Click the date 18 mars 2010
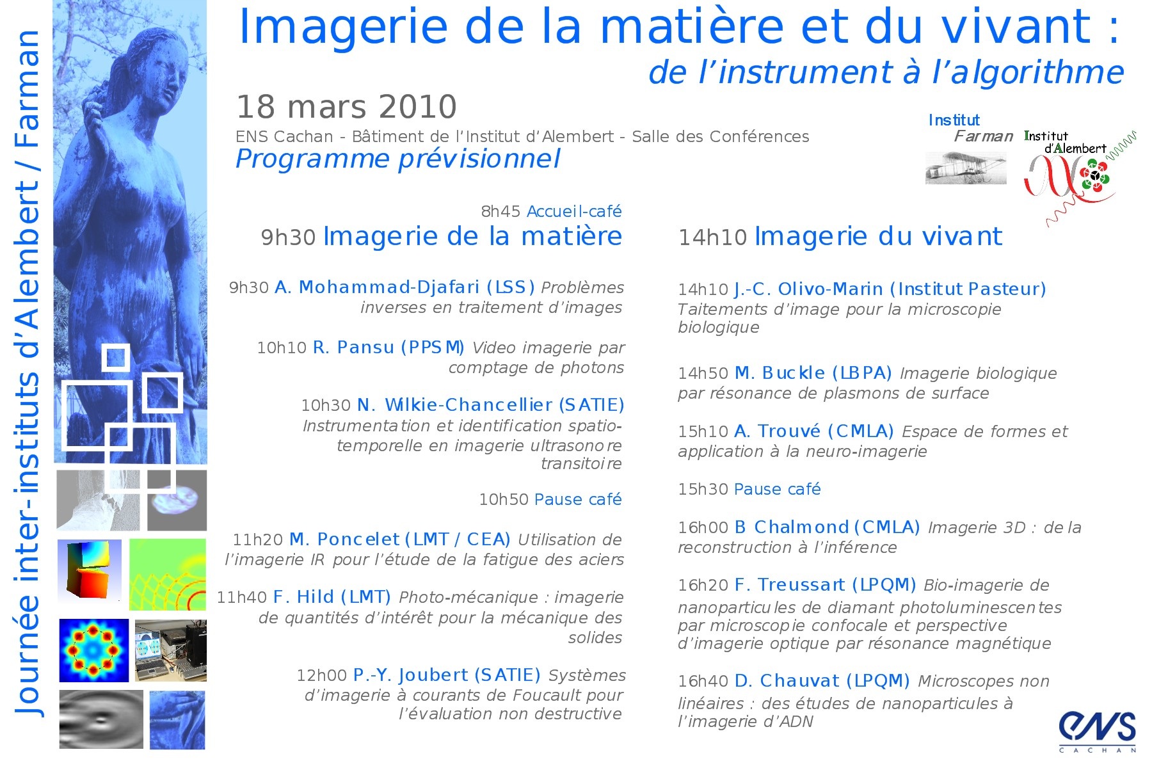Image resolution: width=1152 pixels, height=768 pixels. click(x=346, y=107)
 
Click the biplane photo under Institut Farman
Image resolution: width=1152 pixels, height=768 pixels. click(x=966, y=168)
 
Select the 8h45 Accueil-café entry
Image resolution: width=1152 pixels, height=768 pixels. click(x=551, y=211)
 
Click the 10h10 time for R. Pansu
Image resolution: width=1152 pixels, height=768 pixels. click(x=282, y=348)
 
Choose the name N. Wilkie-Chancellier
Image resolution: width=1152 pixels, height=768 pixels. click(x=455, y=405)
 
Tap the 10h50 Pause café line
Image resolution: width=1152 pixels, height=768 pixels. click(x=550, y=499)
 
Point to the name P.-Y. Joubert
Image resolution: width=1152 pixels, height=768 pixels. click(x=411, y=676)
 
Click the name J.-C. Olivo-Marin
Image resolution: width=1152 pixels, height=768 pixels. click(x=808, y=289)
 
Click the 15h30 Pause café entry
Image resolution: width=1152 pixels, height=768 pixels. click(x=749, y=489)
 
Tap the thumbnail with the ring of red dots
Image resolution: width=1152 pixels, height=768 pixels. click(x=94, y=650)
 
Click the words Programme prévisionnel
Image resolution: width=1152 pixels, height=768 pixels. click(x=398, y=159)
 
